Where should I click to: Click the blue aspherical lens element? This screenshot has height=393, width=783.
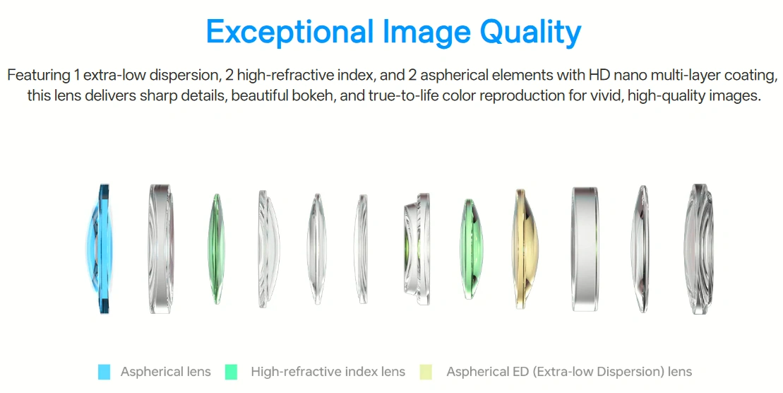(x=102, y=249)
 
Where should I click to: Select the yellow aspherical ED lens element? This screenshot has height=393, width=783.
(x=525, y=249)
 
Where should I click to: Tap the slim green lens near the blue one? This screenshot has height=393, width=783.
(x=216, y=249)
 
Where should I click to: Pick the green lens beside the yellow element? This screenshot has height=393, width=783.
(x=470, y=249)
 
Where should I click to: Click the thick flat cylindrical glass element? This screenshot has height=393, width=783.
(x=585, y=249)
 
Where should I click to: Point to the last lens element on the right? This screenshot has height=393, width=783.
(x=698, y=249)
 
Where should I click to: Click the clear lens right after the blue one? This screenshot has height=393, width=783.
(x=161, y=249)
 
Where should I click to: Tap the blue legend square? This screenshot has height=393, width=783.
(x=104, y=372)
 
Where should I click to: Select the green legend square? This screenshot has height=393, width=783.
(x=231, y=372)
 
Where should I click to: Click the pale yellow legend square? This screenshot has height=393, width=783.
(x=426, y=372)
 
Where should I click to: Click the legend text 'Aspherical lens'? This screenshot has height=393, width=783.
(x=166, y=372)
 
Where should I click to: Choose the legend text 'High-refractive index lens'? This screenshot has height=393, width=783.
(x=328, y=372)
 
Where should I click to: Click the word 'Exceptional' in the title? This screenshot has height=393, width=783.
(x=289, y=32)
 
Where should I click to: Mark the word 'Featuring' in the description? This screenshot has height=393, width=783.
(x=39, y=76)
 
